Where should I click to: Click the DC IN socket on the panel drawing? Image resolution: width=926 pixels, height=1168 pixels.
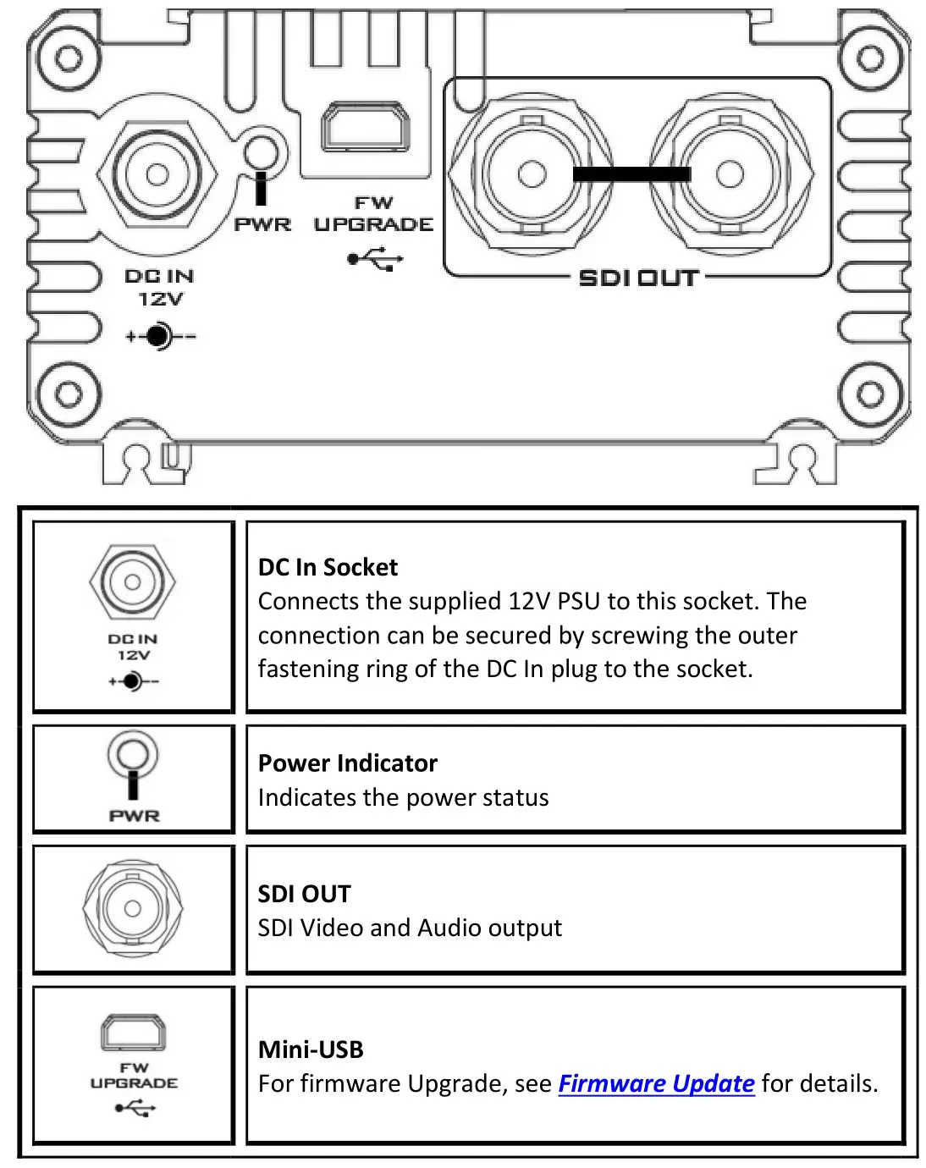157,175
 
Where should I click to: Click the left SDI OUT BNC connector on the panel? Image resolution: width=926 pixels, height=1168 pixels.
532,174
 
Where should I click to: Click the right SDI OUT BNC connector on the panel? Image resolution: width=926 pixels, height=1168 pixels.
730,174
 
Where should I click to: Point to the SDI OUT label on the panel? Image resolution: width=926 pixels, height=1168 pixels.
639,278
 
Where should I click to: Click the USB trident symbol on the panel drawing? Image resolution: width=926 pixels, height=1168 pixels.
376,258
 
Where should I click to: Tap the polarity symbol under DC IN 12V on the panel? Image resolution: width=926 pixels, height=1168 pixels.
160,336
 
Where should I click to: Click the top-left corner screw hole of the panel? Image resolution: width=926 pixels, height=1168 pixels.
69,58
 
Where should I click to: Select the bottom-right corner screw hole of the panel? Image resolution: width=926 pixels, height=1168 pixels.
870,394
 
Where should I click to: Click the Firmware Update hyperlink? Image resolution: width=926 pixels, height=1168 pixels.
656,1083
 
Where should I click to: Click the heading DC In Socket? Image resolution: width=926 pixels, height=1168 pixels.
328,567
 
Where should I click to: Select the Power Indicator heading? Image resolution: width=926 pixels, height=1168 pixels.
347,763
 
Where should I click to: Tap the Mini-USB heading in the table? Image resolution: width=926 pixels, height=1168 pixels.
311,1050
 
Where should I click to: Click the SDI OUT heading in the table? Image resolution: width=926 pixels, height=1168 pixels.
304,894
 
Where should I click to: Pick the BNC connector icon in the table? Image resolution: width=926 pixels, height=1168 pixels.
133,908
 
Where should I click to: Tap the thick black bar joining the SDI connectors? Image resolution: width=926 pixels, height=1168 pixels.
631,174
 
